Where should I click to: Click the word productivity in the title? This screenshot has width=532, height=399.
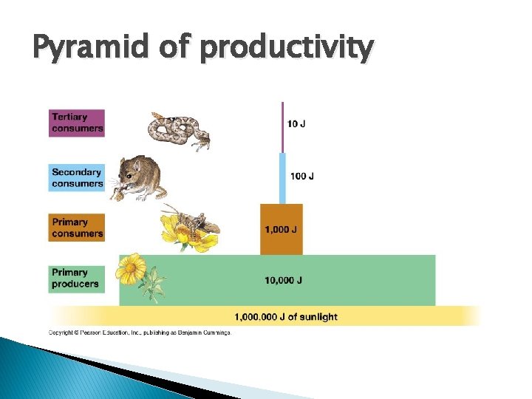[x=287, y=49]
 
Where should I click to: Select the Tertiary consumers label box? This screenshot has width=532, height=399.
[x=77, y=123]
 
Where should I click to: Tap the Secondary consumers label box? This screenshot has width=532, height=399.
[x=77, y=178]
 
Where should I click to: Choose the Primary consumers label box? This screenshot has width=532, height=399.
[x=77, y=228]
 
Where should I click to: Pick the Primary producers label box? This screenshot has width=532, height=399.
[x=77, y=279]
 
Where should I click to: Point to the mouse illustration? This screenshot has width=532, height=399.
[x=140, y=180]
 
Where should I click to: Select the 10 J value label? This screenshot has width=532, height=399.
[x=297, y=123]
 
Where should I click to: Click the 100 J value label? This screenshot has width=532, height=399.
[x=301, y=177]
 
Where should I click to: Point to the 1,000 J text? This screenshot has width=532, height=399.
[x=282, y=229]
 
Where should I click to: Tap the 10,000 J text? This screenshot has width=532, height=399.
[x=284, y=280]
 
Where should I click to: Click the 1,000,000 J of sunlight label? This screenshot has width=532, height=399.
[x=285, y=317]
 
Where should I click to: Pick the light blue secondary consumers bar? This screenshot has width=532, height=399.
[x=282, y=178]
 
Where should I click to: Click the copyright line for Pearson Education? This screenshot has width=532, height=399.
[x=140, y=332]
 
